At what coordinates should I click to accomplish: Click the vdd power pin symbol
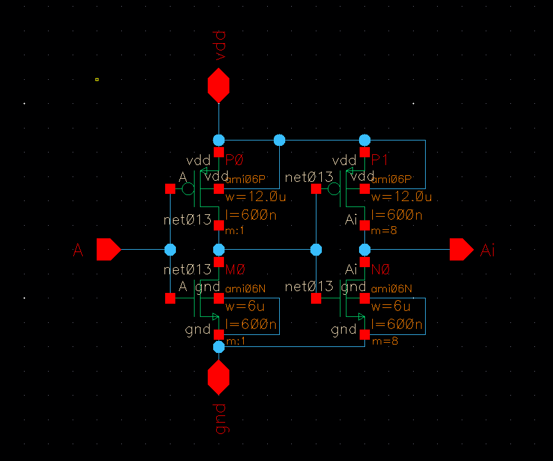click(x=219, y=85)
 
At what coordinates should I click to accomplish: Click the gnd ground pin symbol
click(x=219, y=378)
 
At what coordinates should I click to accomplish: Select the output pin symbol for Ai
click(x=461, y=249)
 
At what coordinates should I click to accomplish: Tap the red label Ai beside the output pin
click(x=488, y=251)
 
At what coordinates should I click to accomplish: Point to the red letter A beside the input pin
click(x=78, y=251)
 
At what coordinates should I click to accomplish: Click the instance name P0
click(x=234, y=160)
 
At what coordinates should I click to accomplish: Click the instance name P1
click(x=380, y=160)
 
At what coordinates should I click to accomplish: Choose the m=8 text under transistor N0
click(x=384, y=341)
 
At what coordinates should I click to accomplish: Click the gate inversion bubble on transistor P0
click(x=188, y=189)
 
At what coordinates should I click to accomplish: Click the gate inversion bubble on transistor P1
click(x=334, y=189)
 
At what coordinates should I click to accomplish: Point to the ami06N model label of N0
click(x=391, y=289)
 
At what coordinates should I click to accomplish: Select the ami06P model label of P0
click(x=245, y=179)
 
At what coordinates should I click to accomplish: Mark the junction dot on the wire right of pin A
click(x=170, y=249)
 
